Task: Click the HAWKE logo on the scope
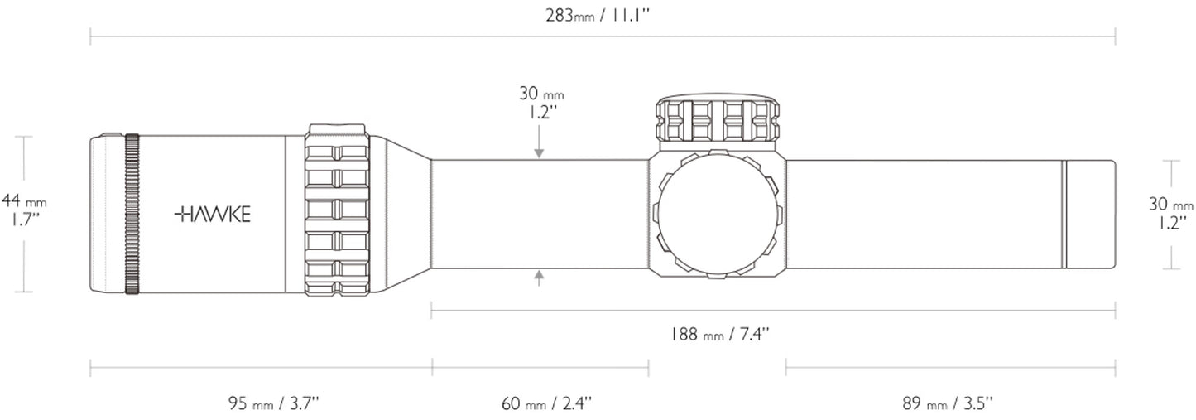point(212,215)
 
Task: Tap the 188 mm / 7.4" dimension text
point(720,335)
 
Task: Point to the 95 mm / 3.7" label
point(274,403)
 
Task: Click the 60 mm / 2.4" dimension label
point(546,403)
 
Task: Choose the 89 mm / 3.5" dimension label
point(948,403)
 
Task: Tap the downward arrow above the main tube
point(540,151)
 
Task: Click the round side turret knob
point(717,214)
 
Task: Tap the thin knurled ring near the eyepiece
point(132,214)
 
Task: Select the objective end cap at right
point(1090,214)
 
